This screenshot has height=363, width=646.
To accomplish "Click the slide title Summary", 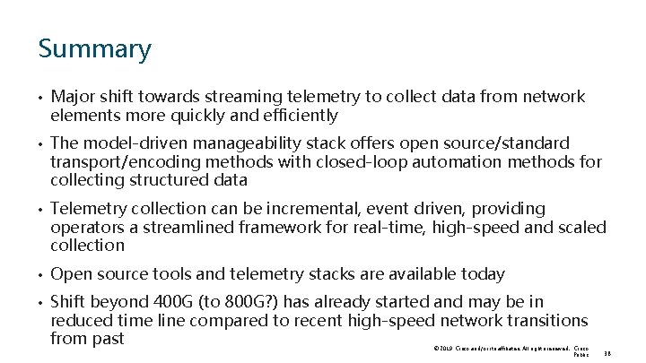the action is point(95,48).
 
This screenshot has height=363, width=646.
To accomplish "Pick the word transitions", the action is point(544,321).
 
